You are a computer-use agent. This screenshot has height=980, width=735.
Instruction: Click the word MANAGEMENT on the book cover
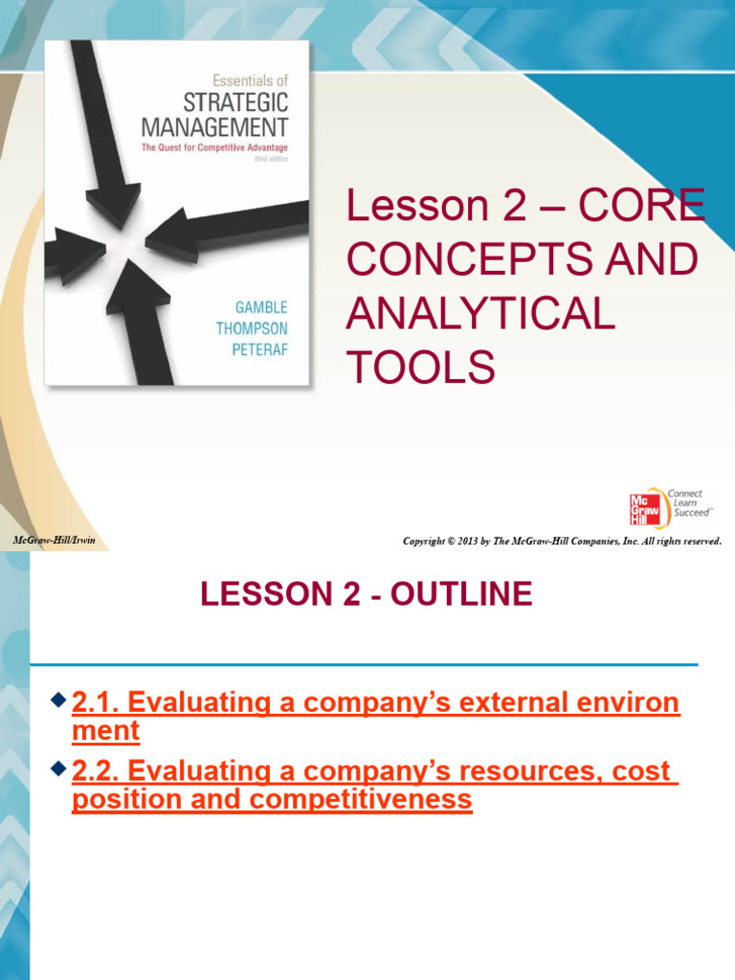coord(213,125)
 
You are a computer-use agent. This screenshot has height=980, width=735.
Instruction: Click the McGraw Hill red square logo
coord(644,508)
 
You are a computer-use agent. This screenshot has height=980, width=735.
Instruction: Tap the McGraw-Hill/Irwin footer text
coord(54,542)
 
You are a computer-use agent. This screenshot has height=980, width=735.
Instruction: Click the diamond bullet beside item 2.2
coord(59,769)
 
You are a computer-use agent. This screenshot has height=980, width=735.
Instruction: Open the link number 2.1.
coord(95,703)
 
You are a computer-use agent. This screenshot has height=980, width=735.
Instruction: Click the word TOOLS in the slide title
coord(421,367)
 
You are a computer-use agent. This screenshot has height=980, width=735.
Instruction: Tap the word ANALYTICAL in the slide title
coord(479,314)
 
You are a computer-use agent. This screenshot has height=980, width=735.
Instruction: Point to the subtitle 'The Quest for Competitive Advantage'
coord(214,148)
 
